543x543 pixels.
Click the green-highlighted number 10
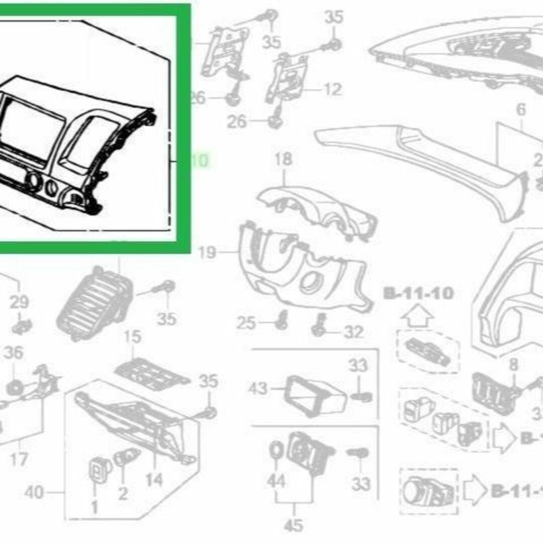click(x=199, y=161)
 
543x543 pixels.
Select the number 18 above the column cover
click(x=283, y=160)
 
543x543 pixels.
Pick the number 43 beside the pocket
click(x=259, y=389)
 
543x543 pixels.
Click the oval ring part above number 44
click(x=276, y=450)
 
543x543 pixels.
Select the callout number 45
click(x=294, y=525)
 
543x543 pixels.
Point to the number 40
click(x=34, y=492)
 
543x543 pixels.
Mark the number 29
click(x=20, y=303)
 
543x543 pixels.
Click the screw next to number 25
click(x=282, y=320)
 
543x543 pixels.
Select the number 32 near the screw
click(x=353, y=332)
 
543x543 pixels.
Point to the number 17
click(x=18, y=459)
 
